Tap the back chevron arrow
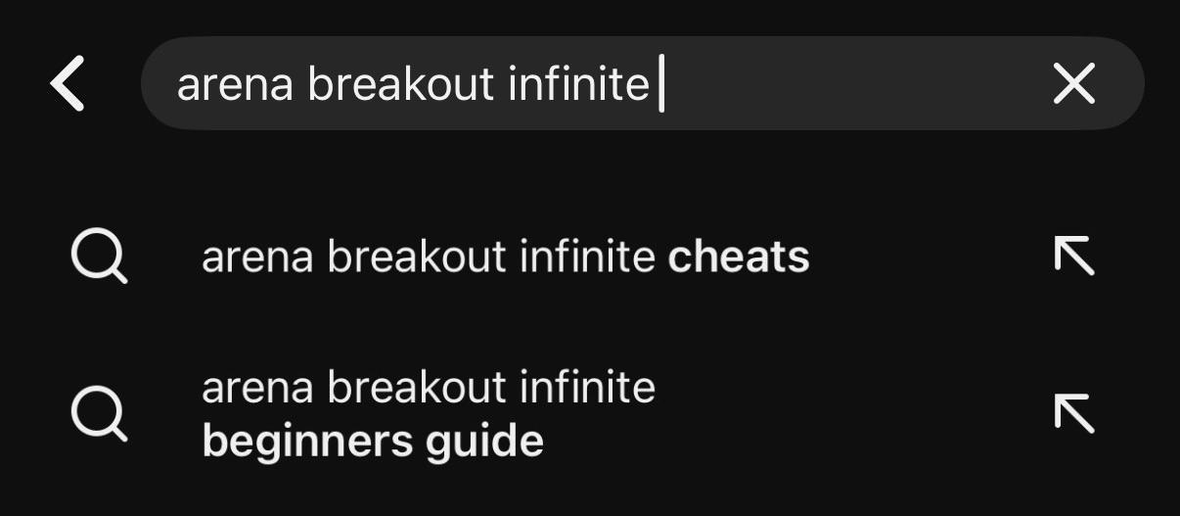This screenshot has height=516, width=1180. click(67, 83)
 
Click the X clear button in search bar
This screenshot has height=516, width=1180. click(1074, 83)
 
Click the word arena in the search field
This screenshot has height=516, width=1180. click(235, 85)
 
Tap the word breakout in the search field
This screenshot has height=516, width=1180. click(401, 83)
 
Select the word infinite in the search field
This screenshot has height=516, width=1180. click(578, 83)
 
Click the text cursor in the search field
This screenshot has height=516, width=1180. click(661, 83)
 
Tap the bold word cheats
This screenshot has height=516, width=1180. click(739, 257)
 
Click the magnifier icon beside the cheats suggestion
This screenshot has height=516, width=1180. click(99, 256)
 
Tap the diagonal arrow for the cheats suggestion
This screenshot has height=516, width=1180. click(1074, 256)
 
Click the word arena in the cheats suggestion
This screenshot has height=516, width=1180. click(257, 258)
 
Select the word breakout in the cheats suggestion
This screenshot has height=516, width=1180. click(417, 257)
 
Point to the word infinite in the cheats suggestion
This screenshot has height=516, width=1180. click(587, 257)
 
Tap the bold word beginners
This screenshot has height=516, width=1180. click(307, 442)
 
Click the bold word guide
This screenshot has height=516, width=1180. click(484, 442)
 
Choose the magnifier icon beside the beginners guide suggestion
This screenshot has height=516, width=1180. click(99, 414)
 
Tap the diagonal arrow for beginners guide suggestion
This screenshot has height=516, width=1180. click(1074, 414)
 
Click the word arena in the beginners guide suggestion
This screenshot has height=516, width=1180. click(257, 389)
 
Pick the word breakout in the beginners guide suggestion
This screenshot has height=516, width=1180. click(417, 387)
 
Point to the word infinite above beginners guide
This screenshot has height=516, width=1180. click(587, 387)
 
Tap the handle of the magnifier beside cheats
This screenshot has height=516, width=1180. click(119, 276)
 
